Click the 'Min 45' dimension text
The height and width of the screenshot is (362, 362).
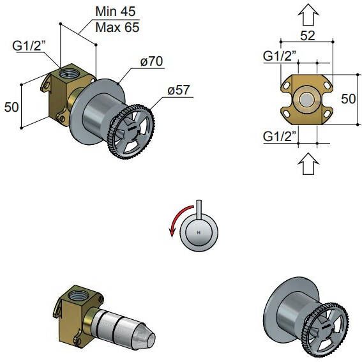[115, 11]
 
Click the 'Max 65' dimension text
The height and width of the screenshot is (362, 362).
[117, 27]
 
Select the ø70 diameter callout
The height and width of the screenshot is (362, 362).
[152, 61]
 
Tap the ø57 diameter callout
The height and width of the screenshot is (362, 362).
[179, 90]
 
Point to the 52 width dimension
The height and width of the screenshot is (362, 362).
[308, 36]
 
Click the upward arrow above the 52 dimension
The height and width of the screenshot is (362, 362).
[308, 14]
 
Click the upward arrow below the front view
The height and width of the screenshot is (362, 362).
[308, 163]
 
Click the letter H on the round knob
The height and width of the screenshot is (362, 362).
[199, 232]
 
